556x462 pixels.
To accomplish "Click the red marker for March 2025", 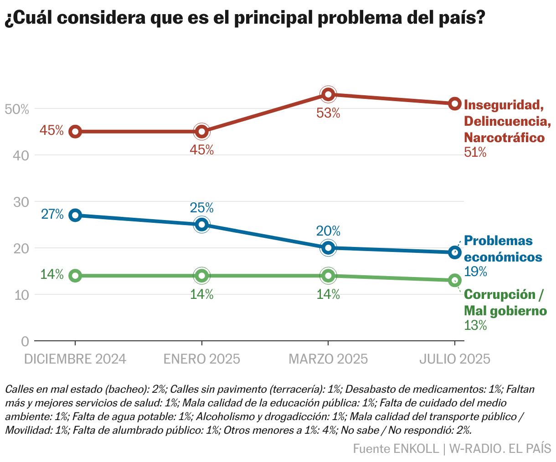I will point(328,94).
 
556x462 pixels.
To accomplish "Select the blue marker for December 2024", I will point(76,215).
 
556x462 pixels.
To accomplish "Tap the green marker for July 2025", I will point(454,280).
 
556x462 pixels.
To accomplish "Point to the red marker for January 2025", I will point(201,132).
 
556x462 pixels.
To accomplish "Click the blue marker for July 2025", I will point(454,252).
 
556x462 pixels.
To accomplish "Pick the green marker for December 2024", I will point(76,276).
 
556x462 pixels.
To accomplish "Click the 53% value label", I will point(328,113).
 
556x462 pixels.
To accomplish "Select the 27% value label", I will point(52,214).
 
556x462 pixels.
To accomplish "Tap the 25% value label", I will point(201,208).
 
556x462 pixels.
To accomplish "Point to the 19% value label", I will point(476,272).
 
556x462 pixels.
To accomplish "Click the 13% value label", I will point(476,325).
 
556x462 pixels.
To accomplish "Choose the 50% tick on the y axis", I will point(16,109).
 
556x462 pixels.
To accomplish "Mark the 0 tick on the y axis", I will point(25,341).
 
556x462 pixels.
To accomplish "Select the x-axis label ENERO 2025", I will point(201,359).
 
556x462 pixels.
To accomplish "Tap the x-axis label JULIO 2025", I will point(454,359).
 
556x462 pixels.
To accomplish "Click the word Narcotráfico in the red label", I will point(505,138).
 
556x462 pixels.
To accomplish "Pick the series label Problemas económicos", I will point(503,249).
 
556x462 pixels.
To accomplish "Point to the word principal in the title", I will point(273,18).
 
